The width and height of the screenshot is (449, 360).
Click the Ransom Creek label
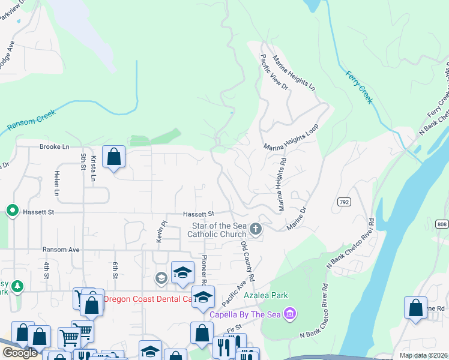click(x=31, y=120)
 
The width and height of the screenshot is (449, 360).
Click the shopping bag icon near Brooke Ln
click(x=113, y=158)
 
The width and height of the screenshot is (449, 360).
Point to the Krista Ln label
click(x=94, y=169)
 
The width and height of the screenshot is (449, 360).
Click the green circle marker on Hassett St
click(x=11, y=211)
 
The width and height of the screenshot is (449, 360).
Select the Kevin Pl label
click(x=160, y=230)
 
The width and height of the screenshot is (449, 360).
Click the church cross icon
click(x=256, y=229)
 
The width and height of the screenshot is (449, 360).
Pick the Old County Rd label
click(x=247, y=262)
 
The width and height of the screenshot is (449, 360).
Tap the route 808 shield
click(x=442, y=224)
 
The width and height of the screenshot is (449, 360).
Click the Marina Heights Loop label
click(x=290, y=137)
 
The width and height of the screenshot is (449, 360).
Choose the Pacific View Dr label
click(x=274, y=73)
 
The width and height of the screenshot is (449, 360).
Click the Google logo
click(x=20, y=353)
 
